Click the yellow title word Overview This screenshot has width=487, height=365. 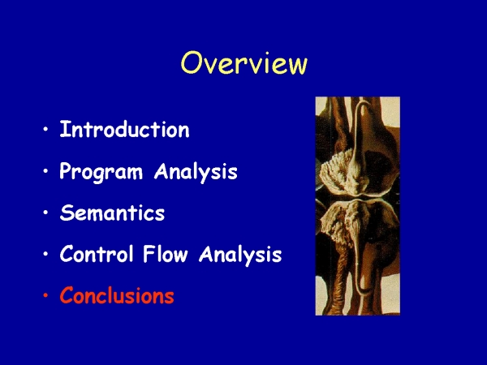click(244, 63)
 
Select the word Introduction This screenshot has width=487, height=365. click(124, 130)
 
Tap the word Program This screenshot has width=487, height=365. click(101, 172)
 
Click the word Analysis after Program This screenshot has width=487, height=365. click(196, 172)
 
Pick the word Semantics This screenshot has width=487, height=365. click(112, 213)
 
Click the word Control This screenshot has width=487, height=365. click(97, 254)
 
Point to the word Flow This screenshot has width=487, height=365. click(166, 254)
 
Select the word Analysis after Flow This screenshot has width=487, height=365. click(240, 255)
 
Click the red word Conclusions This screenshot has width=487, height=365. click(117, 295)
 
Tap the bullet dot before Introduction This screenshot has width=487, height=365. click(46, 129)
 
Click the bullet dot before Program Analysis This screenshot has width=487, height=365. click(46, 170)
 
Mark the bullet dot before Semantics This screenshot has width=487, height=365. click(46, 213)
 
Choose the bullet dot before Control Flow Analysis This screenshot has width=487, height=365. click(46, 254)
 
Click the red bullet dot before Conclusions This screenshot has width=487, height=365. click(46, 295)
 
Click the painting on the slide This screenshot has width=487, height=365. click(357, 206)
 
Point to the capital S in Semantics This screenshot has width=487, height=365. click(67, 213)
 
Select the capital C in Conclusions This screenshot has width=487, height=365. click(67, 295)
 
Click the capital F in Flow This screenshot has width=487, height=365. click(149, 254)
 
